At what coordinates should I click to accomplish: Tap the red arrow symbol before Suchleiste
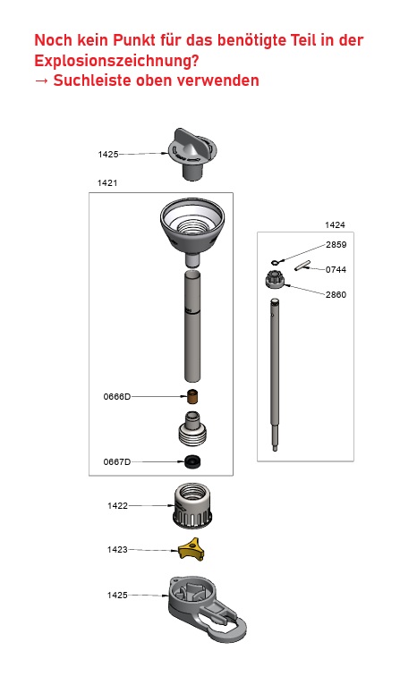[41, 80]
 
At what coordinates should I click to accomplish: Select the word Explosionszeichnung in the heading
[116, 61]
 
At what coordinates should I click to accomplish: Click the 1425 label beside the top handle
[108, 155]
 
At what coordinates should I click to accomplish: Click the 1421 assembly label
[107, 182]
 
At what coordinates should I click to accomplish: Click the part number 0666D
[116, 395]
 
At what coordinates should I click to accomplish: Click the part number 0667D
[116, 461]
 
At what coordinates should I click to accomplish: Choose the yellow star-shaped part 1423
[190, 548]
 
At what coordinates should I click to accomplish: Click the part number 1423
[117, 549]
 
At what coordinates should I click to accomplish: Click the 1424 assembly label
[335, 225]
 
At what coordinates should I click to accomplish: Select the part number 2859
[336, 244]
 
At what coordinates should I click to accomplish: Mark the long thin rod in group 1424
[277, 376]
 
